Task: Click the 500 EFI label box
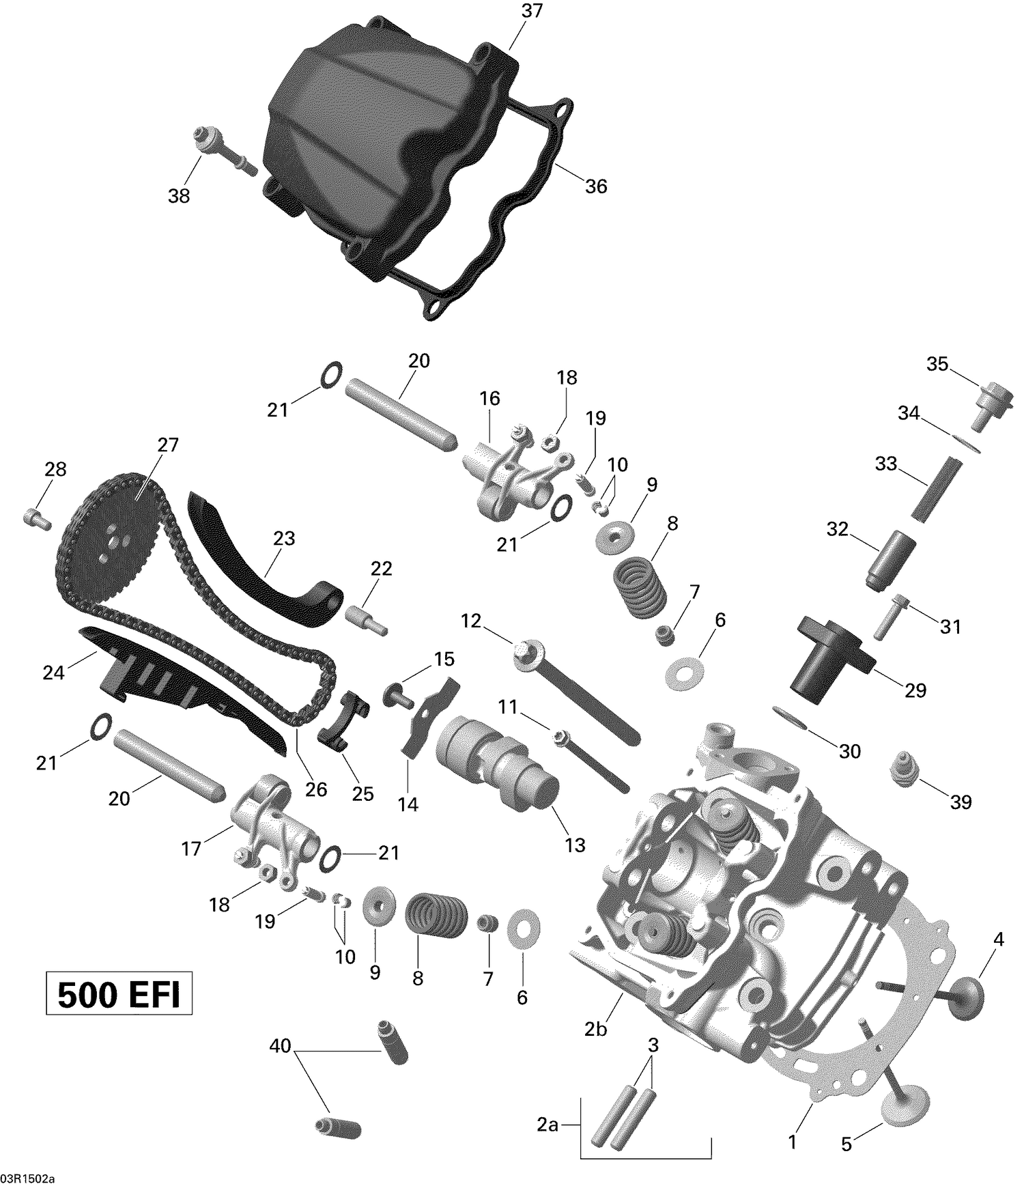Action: pyautogui.click(x=119, y=996)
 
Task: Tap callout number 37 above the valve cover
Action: pyautogui.click(x=532, y=12)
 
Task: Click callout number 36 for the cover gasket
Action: pyautogui.click(x=596, y=186)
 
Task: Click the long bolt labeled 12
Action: pyautogui.click(x=573, y=690)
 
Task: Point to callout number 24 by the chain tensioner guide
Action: pyautogui.click(x=53, y=673)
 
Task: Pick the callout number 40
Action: pyautogui.click(x=281, y=1045)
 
